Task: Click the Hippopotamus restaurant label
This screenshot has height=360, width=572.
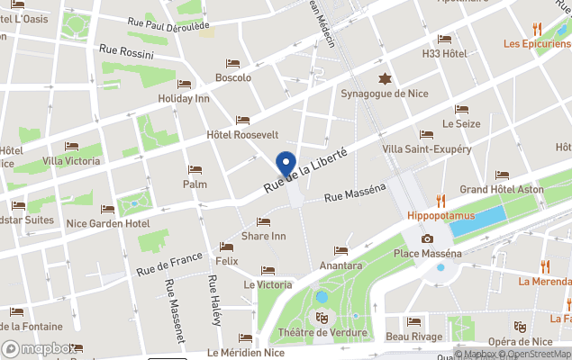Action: point(440,217)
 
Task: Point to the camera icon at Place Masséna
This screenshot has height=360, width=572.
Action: point(427,238)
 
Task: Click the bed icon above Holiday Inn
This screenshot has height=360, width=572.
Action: point(184,84)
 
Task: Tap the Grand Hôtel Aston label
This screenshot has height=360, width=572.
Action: point(502,190)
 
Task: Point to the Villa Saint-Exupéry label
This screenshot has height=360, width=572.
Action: point(426,148)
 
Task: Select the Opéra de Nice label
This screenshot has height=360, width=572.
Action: point(519,341)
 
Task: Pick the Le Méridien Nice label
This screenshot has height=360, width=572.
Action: point(246,352)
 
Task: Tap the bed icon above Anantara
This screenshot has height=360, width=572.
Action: point(340,251)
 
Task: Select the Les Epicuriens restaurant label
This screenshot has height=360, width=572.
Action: point(537,43)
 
